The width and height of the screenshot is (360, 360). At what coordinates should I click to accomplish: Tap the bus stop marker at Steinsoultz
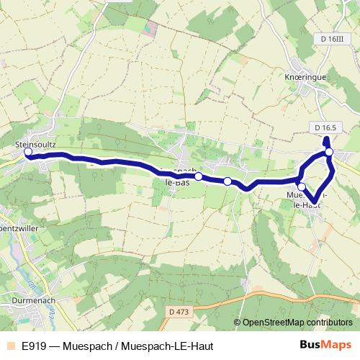(28, 153)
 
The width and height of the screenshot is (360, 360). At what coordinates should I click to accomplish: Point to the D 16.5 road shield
(326, 127)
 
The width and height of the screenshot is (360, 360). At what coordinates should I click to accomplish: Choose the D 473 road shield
(183, 311)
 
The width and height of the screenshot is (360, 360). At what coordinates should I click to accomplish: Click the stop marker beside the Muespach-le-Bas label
(198, 175)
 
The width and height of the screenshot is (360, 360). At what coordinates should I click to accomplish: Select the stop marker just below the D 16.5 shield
(328, 152)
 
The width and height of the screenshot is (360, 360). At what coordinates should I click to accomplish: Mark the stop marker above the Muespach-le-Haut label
(302, 187)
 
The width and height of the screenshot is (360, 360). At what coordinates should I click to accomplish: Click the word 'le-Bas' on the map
(178, 183)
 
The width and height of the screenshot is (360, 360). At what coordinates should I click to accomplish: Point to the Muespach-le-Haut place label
(306, 199)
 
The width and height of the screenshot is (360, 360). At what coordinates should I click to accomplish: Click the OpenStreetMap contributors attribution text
(297, 323)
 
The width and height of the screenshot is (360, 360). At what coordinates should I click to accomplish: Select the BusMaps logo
(325, 346)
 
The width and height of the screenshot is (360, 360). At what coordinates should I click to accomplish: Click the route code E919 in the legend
(33, 346)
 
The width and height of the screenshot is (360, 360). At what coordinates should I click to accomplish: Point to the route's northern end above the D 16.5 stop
(326, 139)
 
